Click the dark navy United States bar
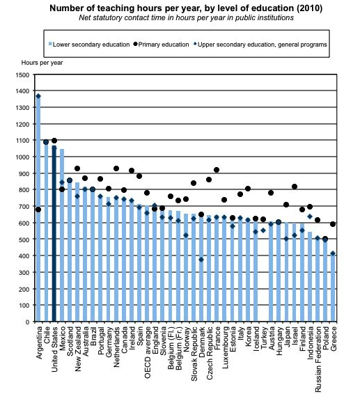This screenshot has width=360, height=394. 54,233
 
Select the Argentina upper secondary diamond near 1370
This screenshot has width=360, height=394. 38,96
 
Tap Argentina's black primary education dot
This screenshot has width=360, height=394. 38,210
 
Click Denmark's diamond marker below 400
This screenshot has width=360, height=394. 201,260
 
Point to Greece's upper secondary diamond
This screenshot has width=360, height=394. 333,253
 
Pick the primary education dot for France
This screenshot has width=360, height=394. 217,170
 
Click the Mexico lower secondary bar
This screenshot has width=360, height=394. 62,235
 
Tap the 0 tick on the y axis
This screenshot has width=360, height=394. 28,322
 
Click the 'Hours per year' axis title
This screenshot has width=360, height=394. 42,63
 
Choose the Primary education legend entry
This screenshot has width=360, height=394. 161,45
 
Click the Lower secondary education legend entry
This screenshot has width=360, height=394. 89,45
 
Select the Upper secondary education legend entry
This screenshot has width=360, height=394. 260,45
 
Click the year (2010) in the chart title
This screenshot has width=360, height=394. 309,8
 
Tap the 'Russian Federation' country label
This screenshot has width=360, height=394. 318,359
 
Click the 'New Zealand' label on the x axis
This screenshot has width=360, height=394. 78,349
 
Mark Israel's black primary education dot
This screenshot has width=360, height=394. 295,187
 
